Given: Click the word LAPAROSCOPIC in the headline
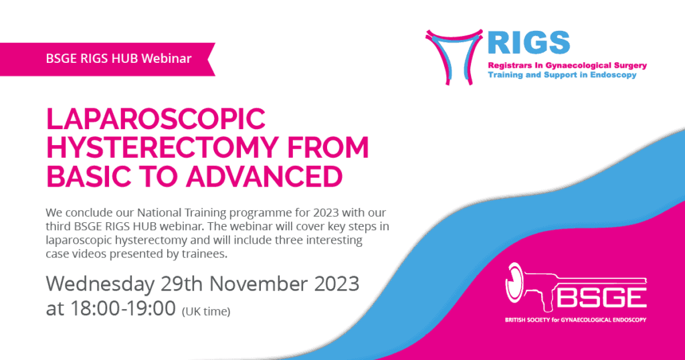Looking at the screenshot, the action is tap(155, 118).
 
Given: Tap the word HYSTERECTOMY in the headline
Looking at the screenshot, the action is tap(162, 147).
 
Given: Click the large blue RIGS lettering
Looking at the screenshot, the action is tap(528, 43).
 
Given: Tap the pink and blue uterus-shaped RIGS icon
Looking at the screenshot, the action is tap(454, 57).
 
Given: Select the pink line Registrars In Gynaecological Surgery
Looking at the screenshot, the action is tap(567, 66).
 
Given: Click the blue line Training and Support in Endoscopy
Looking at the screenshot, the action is tap(562, 75).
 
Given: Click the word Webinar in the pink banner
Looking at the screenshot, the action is tap(167, 58).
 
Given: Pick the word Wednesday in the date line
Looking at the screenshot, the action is tap(100, 284).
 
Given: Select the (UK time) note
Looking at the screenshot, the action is tap(206, 312).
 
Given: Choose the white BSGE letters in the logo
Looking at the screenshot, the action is tap(601, 298).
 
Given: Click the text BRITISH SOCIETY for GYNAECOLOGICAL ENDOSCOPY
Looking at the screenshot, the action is tap(575, 320).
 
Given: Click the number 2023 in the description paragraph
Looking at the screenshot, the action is tap(326, 213).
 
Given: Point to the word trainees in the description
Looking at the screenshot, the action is tap(204, 254).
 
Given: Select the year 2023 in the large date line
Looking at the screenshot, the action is tap(337, 284).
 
